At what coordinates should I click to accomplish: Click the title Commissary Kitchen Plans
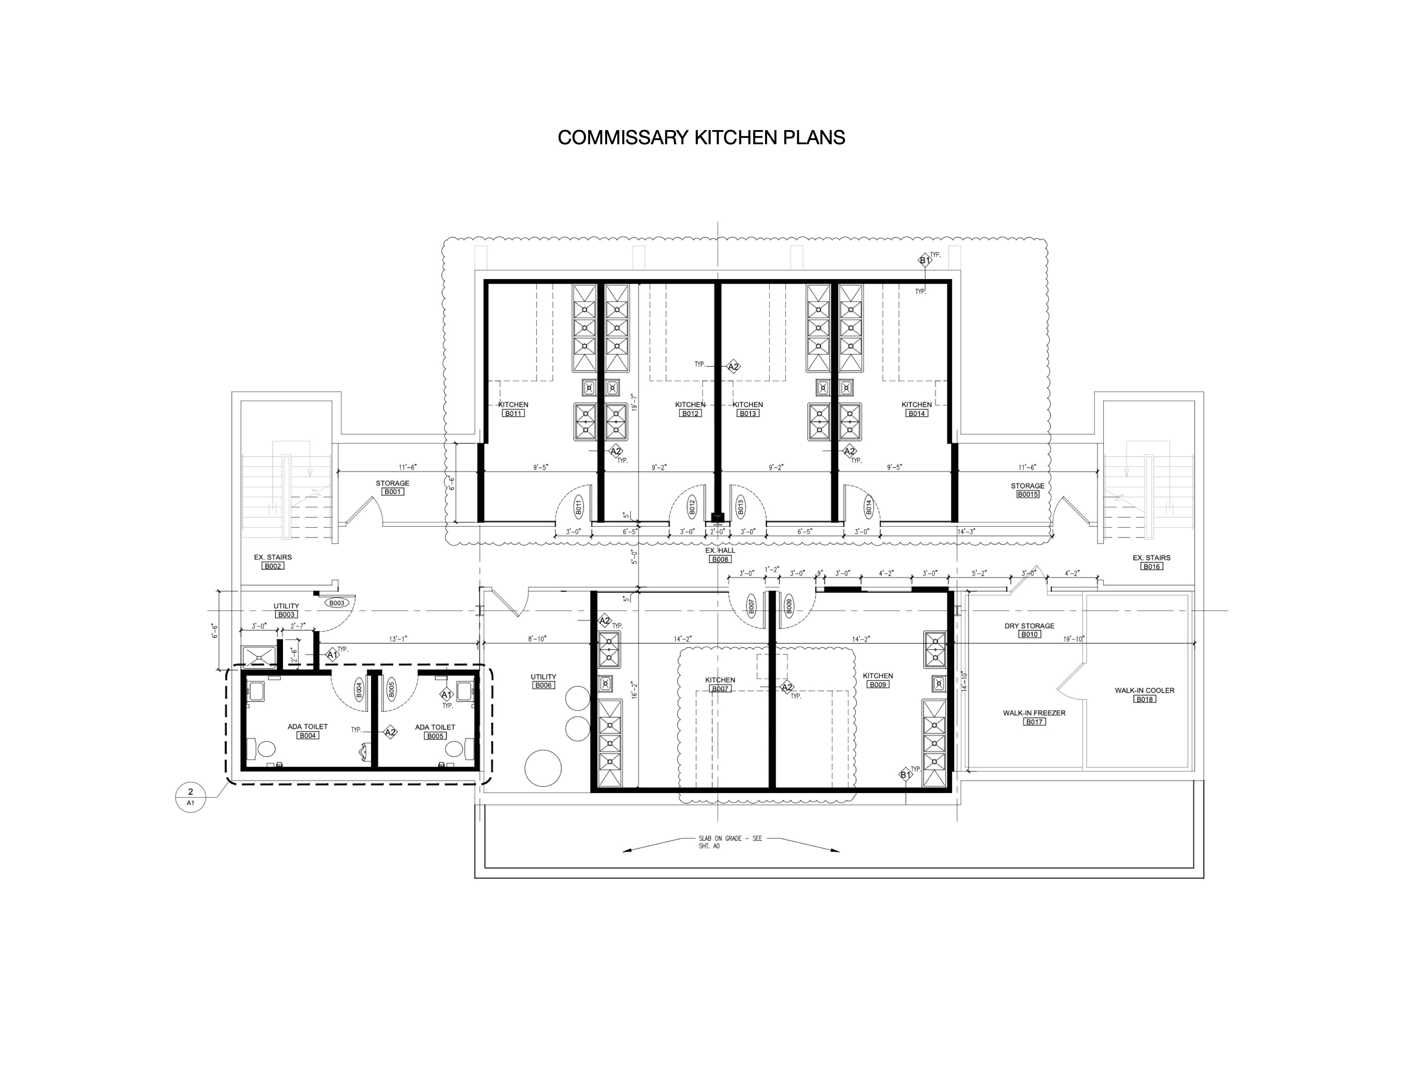pos(701,137)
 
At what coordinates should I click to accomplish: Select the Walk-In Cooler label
pos(1144,690)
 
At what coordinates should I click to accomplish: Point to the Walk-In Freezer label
pos(1034,713)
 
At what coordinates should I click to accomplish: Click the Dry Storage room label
pos(1029,625)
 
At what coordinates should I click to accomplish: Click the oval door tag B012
pos(692,507)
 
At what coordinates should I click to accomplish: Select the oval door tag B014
pos(868,507)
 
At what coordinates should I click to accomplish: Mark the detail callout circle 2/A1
pos(190,797)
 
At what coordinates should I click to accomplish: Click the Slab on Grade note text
pos(730,842)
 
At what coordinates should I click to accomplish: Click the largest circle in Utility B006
pos(543,768)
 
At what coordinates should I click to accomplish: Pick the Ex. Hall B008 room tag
pos(720,559)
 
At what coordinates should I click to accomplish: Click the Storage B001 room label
pos(392,483)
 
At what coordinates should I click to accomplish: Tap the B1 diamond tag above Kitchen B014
pos(925,260)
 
